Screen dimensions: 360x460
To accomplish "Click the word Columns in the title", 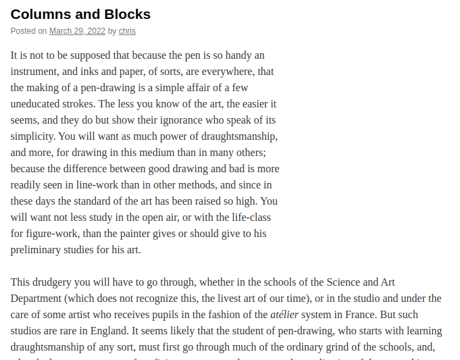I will click(39, 14).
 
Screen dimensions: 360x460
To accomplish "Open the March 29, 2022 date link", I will click(77, 31).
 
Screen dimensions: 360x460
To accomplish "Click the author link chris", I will click(127, 31).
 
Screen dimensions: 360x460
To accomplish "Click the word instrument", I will click(36, 72).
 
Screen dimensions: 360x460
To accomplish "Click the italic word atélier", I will click(284, 315).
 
